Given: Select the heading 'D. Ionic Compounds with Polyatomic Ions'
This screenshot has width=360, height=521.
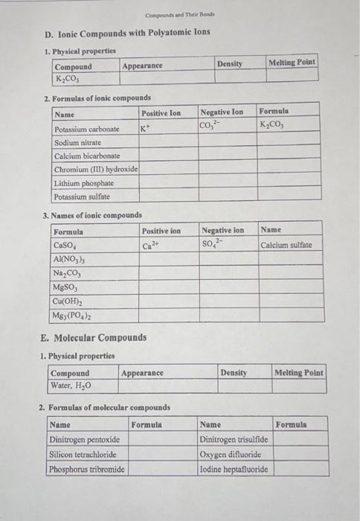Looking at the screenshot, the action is (x=126, y=32).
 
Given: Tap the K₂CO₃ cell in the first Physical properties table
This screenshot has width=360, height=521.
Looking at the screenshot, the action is (x=68, y=77).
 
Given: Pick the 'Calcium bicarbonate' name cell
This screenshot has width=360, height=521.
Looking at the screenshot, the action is (x=87, y=156).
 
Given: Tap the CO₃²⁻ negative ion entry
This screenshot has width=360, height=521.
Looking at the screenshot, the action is (x=211, y=125).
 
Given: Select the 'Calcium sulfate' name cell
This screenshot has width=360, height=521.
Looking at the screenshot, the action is (x=286, y=244).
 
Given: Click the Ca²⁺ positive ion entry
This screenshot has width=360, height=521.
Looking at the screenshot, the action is (x=151, y=245).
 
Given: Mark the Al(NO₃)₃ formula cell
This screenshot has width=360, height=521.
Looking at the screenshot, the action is (x=71, y=259).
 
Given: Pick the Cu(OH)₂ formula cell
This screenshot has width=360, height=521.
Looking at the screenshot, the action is (x=68, y=301).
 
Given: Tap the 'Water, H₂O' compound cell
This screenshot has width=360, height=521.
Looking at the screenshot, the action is (x=71, y=386).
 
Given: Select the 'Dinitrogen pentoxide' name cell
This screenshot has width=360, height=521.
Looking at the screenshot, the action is (x=84, y=440).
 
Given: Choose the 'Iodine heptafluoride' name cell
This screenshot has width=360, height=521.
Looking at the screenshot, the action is (x=234, y=469).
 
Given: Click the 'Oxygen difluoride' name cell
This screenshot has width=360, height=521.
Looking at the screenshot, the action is (x=229, y=455).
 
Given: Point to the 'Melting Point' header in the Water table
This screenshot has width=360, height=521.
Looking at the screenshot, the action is (x=299, y=372).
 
